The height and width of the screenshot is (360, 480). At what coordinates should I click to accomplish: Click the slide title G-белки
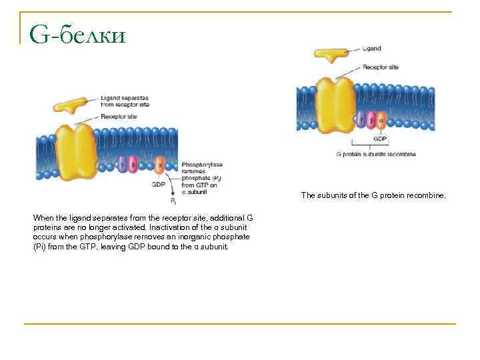point(77,34)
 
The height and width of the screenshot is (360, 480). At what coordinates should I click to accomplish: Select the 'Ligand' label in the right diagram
point(372,49)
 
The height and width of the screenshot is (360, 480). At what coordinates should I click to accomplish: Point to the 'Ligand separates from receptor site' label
point(125,101)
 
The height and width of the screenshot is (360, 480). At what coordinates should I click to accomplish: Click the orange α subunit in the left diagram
point(159,164)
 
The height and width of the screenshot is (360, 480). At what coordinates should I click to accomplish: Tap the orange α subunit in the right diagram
point(381,121)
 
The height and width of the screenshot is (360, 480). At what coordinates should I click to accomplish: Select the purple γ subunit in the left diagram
point(122,163)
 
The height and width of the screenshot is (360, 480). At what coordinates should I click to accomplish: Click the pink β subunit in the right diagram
point(371,121)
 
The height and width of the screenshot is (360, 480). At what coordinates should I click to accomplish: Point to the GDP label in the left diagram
point(159,184)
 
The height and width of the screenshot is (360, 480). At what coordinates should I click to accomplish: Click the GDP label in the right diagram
point(379,139)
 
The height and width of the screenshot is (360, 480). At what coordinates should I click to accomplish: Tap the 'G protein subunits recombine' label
point(375,154)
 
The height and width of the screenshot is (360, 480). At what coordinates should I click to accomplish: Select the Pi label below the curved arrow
point(173,200)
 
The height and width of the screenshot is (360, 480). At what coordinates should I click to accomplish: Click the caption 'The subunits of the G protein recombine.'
point(373,195)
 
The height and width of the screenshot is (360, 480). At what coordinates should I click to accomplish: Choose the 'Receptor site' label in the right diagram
point(381,67)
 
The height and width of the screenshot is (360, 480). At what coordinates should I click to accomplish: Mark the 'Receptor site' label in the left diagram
point(119,116)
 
